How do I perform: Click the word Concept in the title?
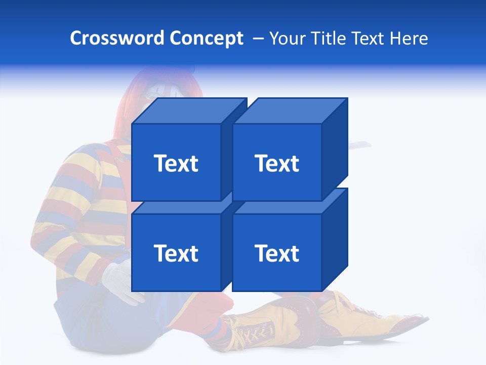[206, 39]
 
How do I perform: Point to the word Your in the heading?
[287, 39]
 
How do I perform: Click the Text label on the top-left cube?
[176, 163]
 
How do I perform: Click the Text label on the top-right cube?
[276, 163]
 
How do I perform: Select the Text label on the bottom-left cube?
[176, 253]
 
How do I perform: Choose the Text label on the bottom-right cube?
[276, 253]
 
